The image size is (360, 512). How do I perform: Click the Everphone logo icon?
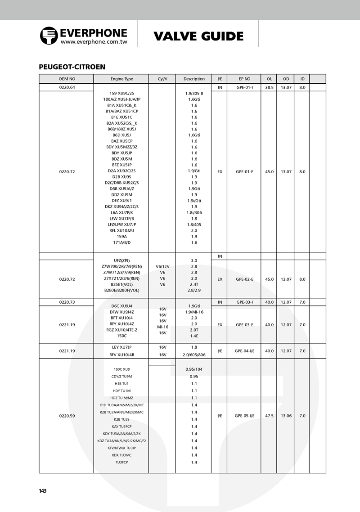coord(49,36)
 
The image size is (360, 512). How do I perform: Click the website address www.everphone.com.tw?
coord(94,41)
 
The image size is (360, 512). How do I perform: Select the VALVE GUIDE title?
coord(198,36)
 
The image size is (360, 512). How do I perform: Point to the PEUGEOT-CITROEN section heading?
coord(72,67)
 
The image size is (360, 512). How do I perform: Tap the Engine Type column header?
coord(122,79)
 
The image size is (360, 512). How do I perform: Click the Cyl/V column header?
coord(162,79)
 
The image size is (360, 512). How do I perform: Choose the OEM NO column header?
coord(67,79)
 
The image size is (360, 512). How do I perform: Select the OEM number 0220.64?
coord(67,87)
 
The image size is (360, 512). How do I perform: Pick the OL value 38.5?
coord(269,87)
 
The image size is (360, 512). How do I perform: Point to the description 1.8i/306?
coord(194,212)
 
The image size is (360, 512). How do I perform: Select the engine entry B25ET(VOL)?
coord(122,284)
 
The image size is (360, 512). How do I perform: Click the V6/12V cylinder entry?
coord(162,266)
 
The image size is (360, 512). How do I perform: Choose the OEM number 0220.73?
coord(67,302)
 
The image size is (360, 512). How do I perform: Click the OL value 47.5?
coord(269,416)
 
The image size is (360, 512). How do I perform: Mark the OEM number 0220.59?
coord(67,416)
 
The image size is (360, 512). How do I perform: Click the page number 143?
coord(43,491)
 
